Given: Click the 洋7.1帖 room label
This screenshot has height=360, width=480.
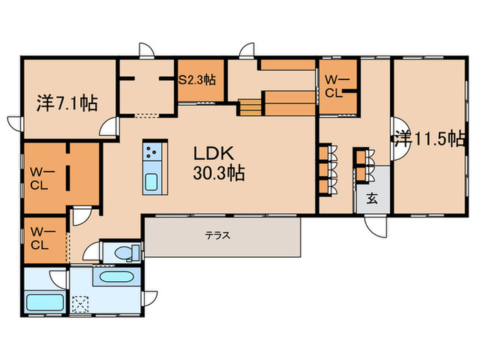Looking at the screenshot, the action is tap(67, 103).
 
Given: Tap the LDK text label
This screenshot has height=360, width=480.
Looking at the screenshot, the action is tap(214, 154).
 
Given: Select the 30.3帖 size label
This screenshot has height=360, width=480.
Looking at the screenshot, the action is tap(219, 173).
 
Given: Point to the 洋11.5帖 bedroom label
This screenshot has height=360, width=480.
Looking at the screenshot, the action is tap(430, 139).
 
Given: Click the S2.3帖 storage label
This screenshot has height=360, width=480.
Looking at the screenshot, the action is tap(197, 80).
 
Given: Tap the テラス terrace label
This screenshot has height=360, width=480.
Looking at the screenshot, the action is tap(217, 235).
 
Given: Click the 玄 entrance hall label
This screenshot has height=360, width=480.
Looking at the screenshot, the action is tap(372, 198).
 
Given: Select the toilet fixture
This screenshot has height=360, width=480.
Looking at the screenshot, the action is tap(128, 252).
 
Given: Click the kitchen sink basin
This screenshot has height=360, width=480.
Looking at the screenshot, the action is tap(152, 182).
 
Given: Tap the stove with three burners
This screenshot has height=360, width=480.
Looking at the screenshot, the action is tap(152, 152).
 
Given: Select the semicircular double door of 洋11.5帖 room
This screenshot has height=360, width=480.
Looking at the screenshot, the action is tap(400, 139).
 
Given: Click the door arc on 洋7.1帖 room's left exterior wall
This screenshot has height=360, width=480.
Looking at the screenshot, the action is tap(15, 123).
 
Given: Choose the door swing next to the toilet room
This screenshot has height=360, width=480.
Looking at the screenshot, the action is tap(92, 251).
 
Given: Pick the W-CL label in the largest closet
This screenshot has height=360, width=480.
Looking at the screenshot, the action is tap(43, 179).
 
